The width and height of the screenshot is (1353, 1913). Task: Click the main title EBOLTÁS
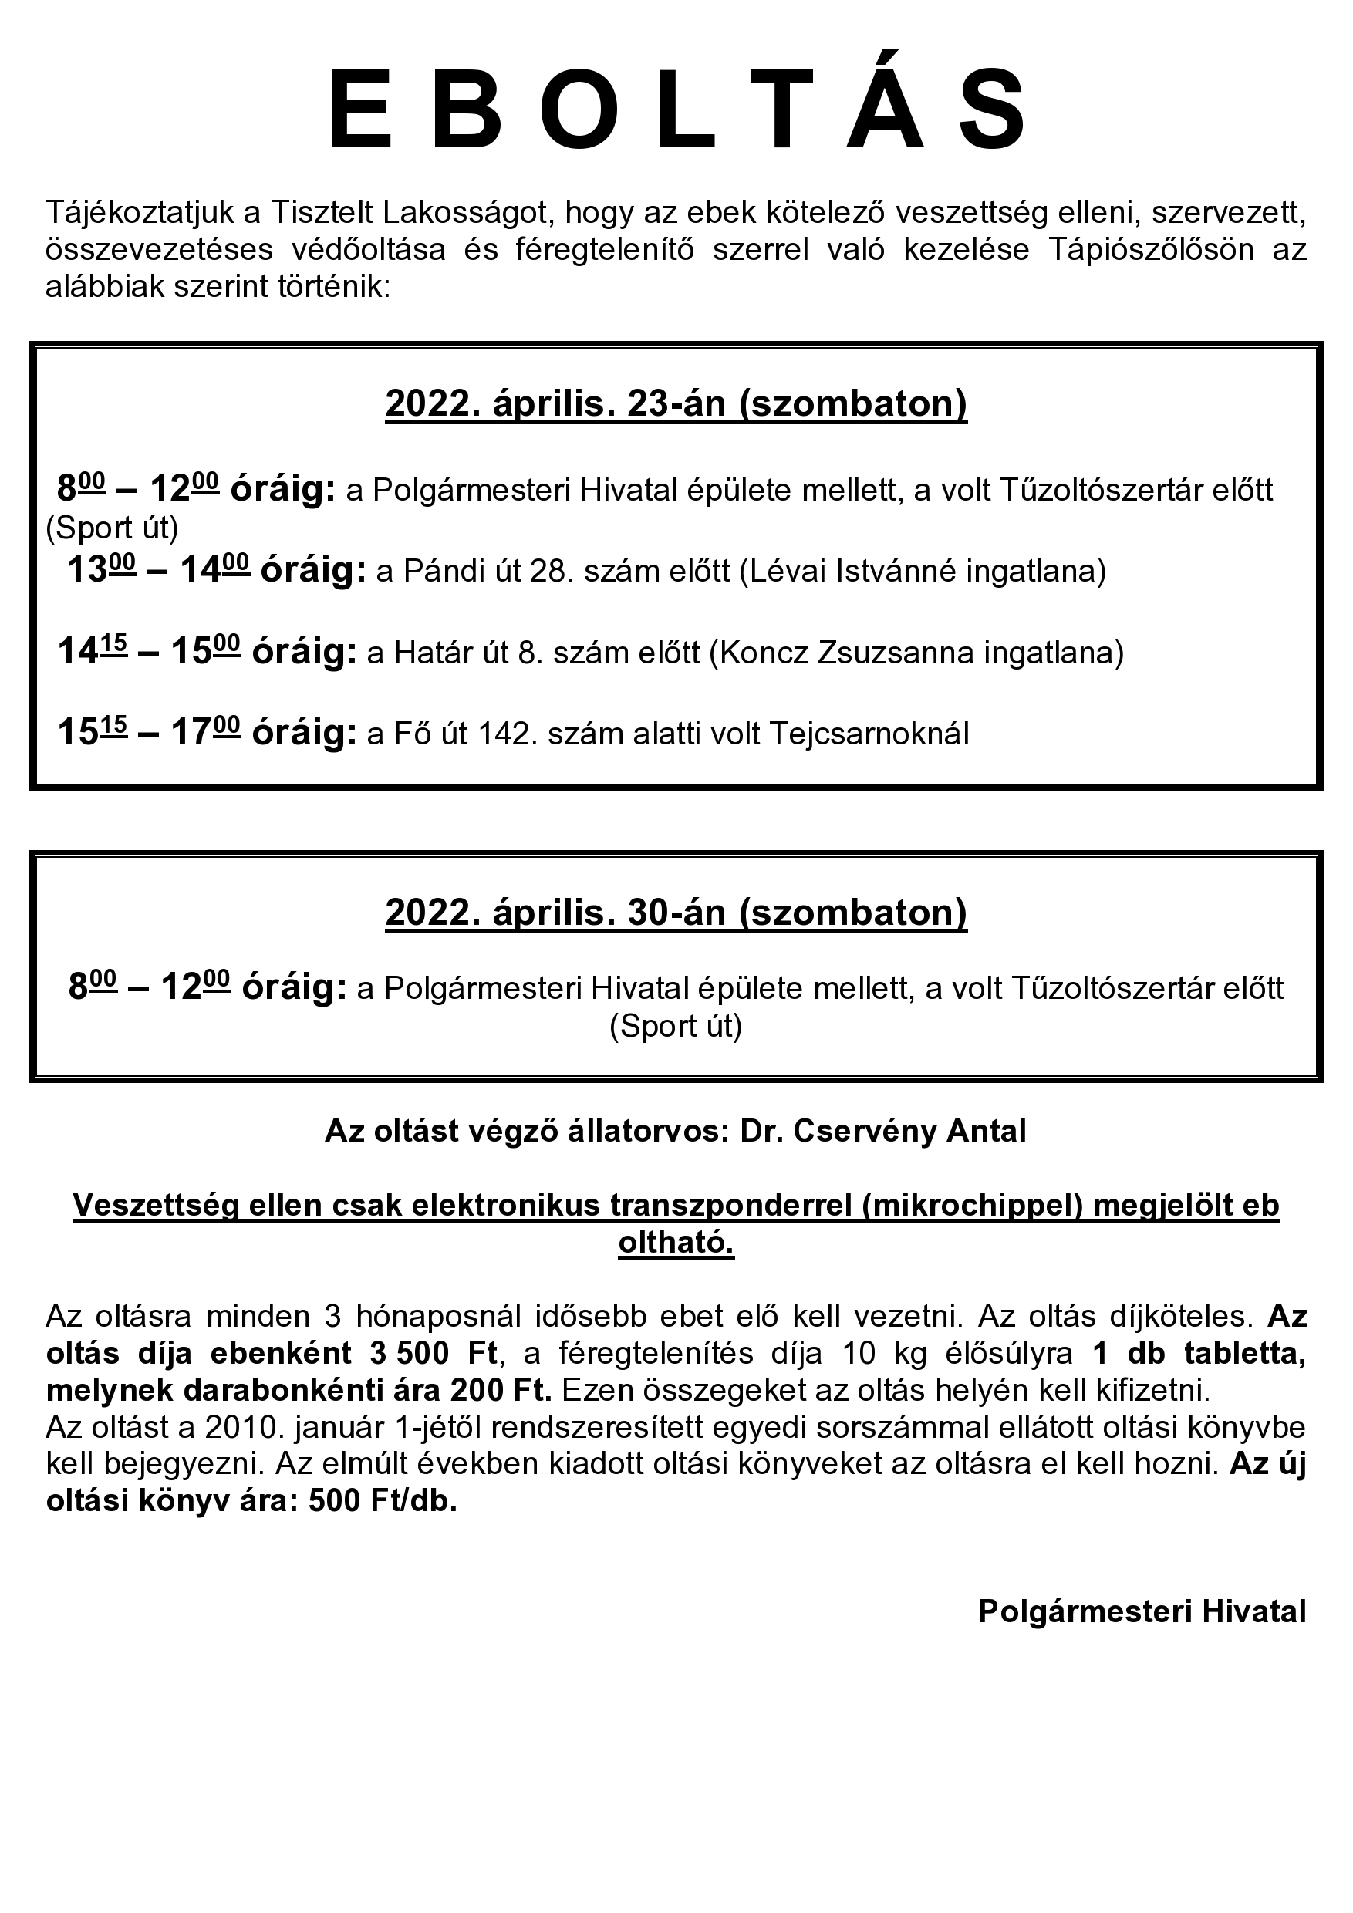point(676,111)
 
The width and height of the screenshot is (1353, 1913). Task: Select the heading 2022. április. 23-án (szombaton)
point(676,403)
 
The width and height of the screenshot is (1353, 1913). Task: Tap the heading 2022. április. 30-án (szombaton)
point(676,913)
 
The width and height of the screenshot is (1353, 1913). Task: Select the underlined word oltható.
point(676,1243)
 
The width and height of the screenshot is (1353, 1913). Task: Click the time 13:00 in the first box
point(101,572)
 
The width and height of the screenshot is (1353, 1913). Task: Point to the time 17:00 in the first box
point(205,734)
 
